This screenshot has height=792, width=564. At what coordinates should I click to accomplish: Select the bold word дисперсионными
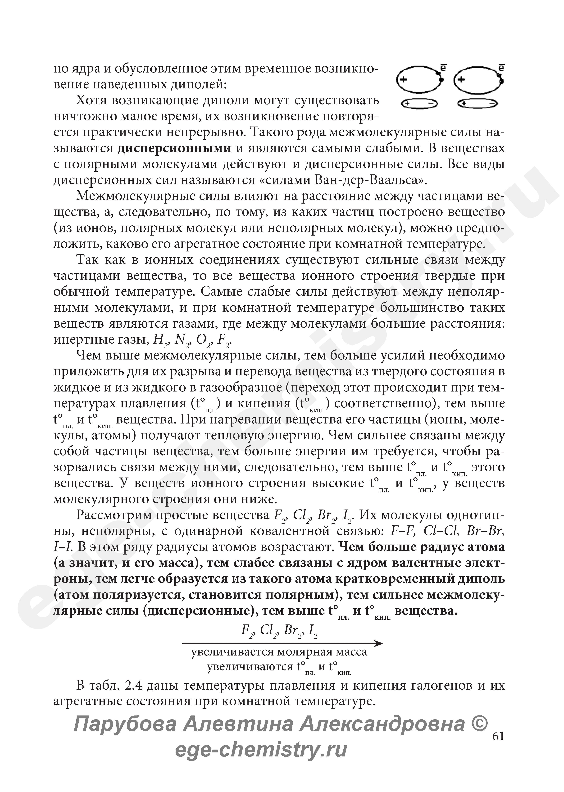174,149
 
